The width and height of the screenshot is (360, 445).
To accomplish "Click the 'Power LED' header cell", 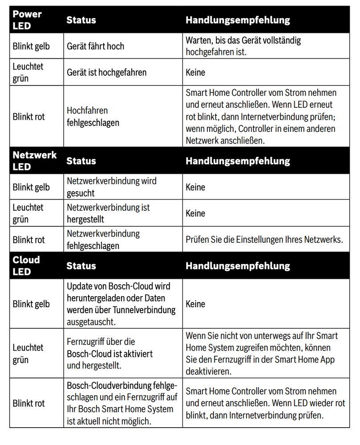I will click(x=27, y=20).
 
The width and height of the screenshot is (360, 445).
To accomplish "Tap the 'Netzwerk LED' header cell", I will click(x=34, y=161).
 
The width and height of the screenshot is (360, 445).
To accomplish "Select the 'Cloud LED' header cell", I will click(x=26, y=265).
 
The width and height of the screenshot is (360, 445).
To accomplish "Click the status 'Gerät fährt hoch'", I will click(x=95, y=46).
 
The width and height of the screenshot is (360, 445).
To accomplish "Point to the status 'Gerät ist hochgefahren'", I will click(x=106, y=72).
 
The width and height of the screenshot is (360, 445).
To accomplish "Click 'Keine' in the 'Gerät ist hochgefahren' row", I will click(x=195, y=72).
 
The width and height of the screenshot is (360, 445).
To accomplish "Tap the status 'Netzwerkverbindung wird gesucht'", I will click(x=111, y=187).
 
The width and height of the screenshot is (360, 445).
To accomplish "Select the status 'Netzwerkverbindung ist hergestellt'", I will click(x=108, y=213).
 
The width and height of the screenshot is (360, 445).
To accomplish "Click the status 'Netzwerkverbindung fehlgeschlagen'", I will click(x=103, y=240).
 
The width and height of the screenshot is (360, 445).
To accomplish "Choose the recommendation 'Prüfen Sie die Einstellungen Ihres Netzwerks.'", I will click(x=264, y=240).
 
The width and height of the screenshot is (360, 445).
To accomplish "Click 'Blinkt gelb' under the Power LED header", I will click(x=31, y=46).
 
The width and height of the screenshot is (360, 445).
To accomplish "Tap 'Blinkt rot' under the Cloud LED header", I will click(x=29, y=404).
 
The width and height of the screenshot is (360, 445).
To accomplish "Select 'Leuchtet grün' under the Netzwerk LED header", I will click(x=28, y=213).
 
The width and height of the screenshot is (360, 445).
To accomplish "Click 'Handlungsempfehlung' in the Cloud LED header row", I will click(x=238, y=266).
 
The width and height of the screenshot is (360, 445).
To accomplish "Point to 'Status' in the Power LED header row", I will click(x=81, y=20).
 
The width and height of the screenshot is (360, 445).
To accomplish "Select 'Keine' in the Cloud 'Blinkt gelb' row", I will click(x=195, y=304).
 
